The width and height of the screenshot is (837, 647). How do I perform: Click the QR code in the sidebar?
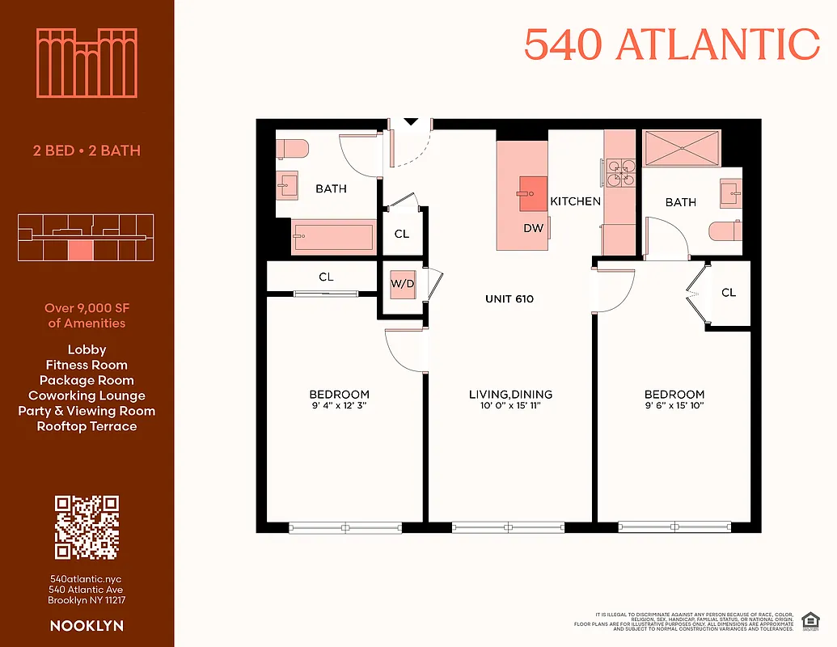pos(87,527)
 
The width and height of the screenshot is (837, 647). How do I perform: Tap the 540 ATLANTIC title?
pos(671,44)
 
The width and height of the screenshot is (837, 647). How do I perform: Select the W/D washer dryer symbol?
pos(402,285)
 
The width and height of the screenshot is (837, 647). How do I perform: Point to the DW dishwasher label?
pos(533,228)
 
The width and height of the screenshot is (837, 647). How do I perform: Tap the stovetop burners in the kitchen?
pos(621,171)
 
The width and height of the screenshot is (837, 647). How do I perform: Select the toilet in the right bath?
pos(725,231)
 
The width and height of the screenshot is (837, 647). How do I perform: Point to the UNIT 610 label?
pos(509,298)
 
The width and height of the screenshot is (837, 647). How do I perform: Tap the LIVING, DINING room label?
pos(510,395)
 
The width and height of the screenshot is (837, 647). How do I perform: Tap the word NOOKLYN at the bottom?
pos(87,625)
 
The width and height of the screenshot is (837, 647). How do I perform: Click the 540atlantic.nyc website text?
pos(87,579)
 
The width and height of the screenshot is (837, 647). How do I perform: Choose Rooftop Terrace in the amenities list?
pos(87,426)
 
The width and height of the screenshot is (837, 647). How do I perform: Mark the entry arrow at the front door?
pos(411,122)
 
